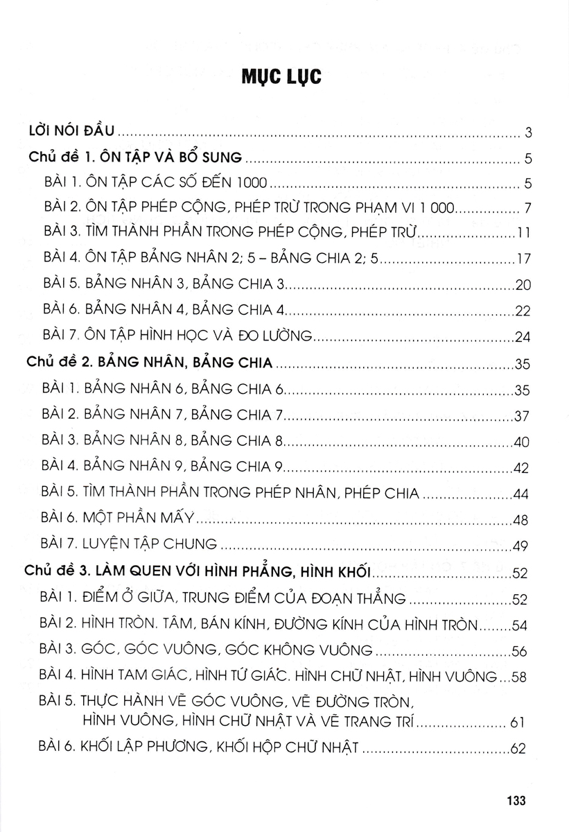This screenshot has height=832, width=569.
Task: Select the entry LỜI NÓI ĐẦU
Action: point(76,130)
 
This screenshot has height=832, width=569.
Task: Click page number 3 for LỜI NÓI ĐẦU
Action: point(528,132)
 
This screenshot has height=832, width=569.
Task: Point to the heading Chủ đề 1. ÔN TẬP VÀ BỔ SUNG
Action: point(136,158)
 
